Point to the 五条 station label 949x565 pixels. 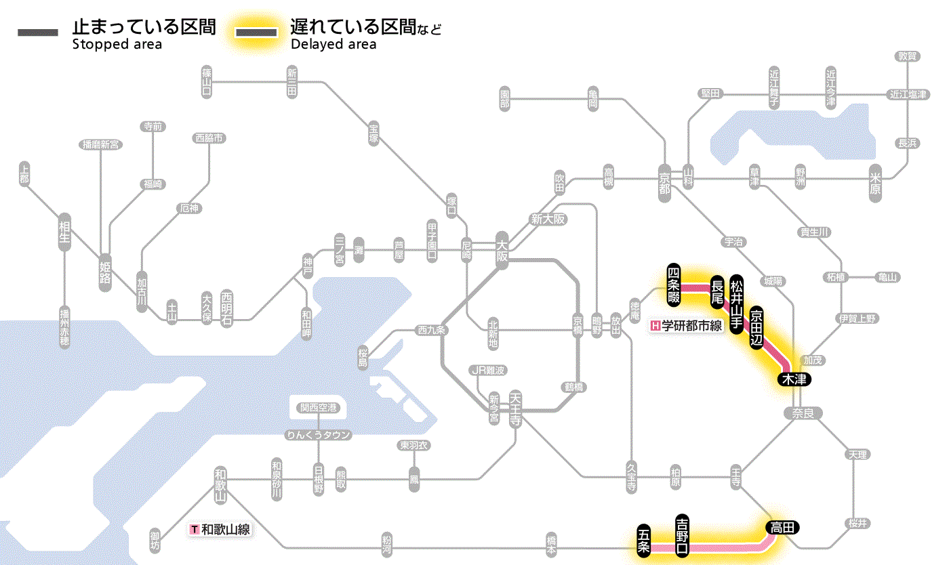(x=644, y=540)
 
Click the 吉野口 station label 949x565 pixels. (x=683, y=535)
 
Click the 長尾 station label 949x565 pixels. (x=716, y=291)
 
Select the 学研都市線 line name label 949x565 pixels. (x=686, y=326)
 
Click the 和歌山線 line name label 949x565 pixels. (x=221, y=529)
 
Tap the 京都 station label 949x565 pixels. (x=664, y=180)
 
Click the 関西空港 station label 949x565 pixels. (x=318, y=408)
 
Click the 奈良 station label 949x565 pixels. (x=802, y=413)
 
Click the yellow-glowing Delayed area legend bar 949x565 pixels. (x=257, y=32)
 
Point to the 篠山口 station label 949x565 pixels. (x=207, y=81)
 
